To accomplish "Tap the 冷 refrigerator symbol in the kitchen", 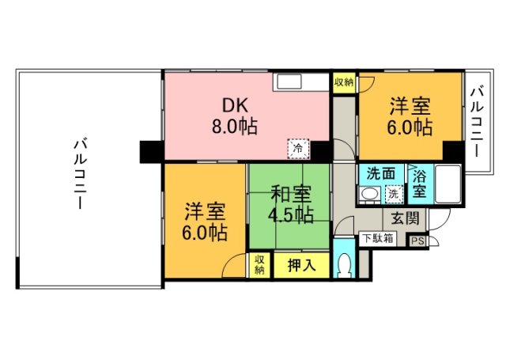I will pos(299,147).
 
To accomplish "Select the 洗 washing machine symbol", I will pos(393,193).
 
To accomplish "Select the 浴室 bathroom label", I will pos(419,184).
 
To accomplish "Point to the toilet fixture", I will pos(344,264).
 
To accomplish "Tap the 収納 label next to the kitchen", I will pos(344,81).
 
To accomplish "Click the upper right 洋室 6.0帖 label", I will pos(410,115).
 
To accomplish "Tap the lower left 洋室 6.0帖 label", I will pos(206,222).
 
